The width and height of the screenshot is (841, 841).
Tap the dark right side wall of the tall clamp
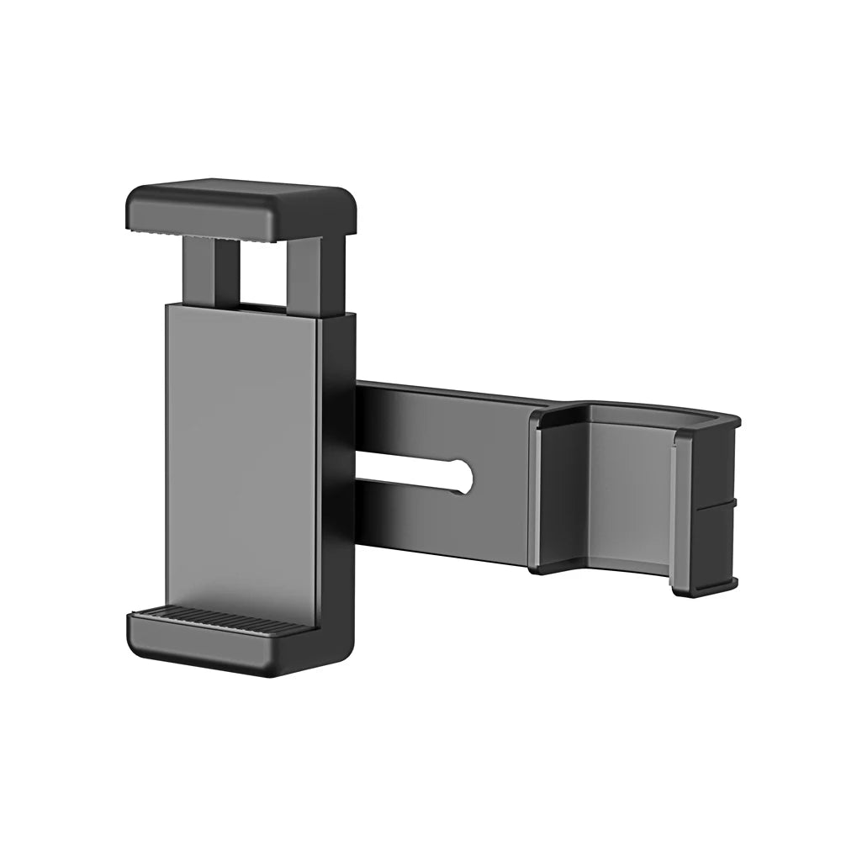pyautogui.click(x=338, y=471)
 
